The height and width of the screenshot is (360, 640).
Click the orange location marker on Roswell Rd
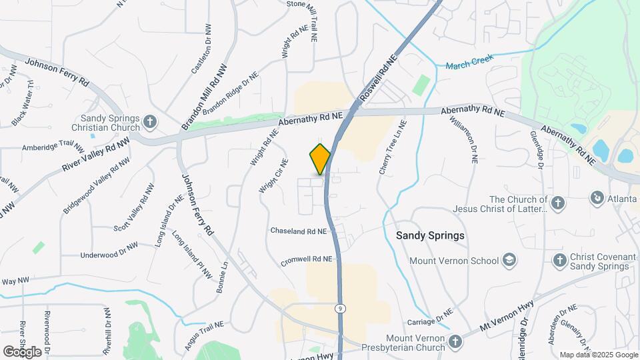coord(321,158)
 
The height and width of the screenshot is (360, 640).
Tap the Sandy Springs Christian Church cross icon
coord(151,122)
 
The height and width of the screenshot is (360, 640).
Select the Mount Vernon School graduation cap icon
coord(509,259)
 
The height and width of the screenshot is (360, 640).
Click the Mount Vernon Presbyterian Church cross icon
coord(455,341)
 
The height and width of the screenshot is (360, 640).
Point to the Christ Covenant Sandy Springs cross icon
coord(559,259)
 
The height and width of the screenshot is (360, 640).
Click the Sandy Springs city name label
coord(429,236)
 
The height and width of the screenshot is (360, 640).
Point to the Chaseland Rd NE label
coord(299,231)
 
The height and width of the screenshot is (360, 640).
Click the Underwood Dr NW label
coord(109,255)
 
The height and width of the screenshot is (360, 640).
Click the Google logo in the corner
coord(22,351)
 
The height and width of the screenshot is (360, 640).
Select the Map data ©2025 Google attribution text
coord(598,355)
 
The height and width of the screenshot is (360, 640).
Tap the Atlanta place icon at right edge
coord(596,197)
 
